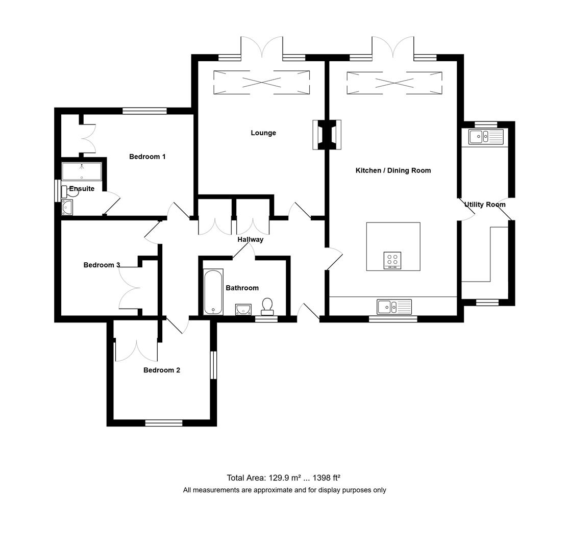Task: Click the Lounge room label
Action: coord(263,133)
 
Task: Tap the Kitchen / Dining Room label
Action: coord(393,170)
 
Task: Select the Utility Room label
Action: coord(485,205)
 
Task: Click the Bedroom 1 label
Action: coord(147,157)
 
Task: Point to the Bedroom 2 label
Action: coord(161,370)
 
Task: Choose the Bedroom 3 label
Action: coord(102,265)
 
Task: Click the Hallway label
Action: coord(250,239)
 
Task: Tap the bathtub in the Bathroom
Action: coord(213,292)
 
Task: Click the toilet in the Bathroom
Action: coord(267,307)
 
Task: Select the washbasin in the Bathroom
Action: coord(243,309)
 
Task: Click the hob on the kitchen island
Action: coord(392,260)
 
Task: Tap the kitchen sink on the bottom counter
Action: coord(394,307)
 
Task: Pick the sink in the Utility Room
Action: coord(485,136)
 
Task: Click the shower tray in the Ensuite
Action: coord(82,171)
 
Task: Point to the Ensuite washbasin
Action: coord(66,207)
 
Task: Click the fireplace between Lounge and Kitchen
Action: coord(327,135)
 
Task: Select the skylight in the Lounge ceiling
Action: coord(261,82)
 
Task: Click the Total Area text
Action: coord(283,478)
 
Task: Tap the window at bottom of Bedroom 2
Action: coord(163,422)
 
